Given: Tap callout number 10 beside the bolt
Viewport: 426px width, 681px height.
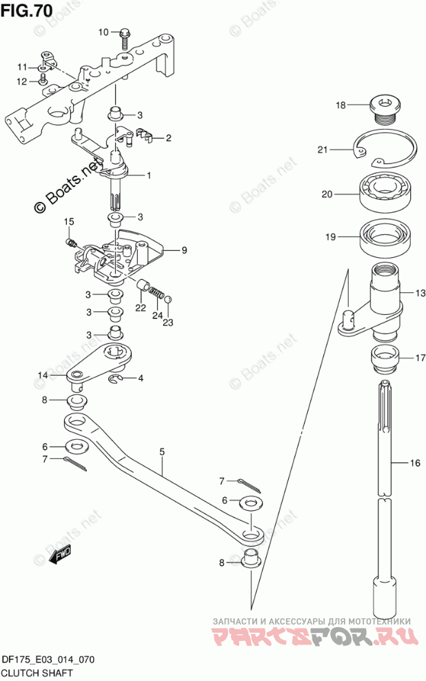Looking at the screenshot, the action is click(x=103, y=32).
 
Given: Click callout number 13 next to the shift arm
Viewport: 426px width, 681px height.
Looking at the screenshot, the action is click(x=420, y=293).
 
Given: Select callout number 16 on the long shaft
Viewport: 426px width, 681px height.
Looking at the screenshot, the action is click(x=415, y=463).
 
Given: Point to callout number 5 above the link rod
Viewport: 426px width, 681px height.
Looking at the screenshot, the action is click(x=162, y=452).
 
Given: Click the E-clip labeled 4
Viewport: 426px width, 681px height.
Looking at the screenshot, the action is click(x=114, y=378).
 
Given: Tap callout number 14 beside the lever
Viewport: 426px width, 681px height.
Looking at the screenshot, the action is click(x=42, y=375).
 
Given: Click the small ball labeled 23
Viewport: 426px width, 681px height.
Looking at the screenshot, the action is click(x=169, y=299).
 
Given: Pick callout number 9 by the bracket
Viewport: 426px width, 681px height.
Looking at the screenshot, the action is click(x=184, y=250).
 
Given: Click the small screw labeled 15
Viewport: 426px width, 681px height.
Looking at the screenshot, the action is click(x=72, y=243).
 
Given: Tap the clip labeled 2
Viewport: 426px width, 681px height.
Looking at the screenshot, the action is click(x=144, y=134).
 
